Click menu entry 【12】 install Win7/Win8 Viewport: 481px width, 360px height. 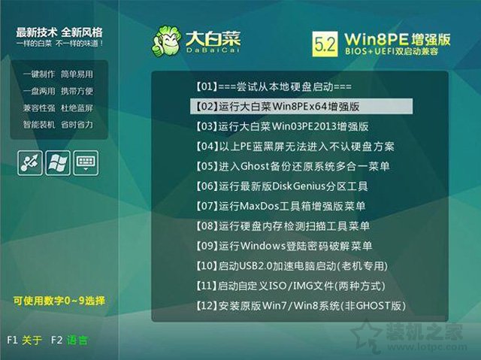pos(299,306)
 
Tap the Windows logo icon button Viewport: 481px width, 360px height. pos(58,162)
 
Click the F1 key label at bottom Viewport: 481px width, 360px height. pos(12,340)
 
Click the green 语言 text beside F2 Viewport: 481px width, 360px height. pos(77,340)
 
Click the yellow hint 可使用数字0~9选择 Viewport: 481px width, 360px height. pos(58,301)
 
